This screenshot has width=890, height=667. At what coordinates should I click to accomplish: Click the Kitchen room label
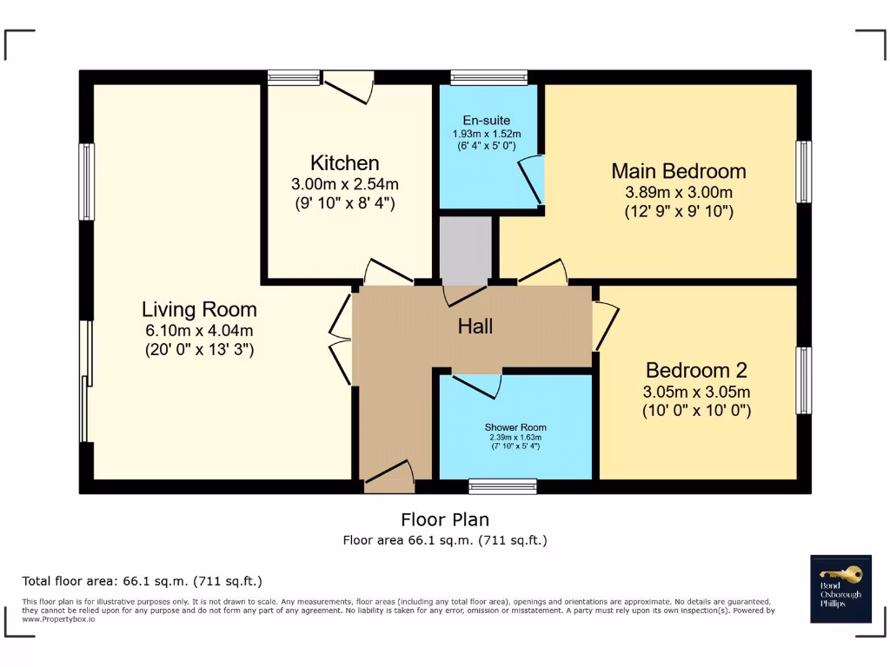pyautogui.click(x=345, y=163)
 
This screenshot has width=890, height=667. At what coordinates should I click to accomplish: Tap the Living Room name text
pyautogui.click(x=199, y=309)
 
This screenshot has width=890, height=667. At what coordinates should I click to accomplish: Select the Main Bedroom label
pyautogui.click(x=679, y=170)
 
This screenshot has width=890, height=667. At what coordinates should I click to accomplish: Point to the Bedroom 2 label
pyautogui.click(x=696, y=369)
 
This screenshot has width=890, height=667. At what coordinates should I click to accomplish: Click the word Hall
pyautogui.click(x=475, y=327)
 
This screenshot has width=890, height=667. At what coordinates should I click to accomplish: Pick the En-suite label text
pyautogui.click(x=487, y=121)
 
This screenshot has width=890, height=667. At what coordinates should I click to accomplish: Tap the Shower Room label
pyautogui.click(x=515, y=427)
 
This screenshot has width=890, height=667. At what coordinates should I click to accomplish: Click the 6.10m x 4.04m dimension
pyautogui.click(x=199, y=331)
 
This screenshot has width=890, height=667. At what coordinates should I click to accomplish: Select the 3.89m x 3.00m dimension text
pyautogui.click(x=679, y=192)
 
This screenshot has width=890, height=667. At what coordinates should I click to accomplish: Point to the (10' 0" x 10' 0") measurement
pyautogui.click(x=696, y=410)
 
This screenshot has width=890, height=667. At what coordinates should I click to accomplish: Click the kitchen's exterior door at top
pyautogui.click(x=349, y=84)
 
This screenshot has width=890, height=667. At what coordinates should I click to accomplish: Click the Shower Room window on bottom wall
pyautogui.click(x=502, y=486)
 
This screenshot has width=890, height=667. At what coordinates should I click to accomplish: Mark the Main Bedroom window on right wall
pyautogui.click(x=804, y=171)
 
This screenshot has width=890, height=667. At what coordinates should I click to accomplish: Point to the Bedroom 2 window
pyautogui.click(x=804, y=380)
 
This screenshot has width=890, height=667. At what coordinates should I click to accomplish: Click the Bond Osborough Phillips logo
pyautogui.click(x=840, y=588)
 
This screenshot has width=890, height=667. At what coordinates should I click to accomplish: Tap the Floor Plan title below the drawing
pyautogui.click(x=445, y=520)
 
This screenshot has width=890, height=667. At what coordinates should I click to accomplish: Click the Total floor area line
pyautogui.click(x=142, y=581)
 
